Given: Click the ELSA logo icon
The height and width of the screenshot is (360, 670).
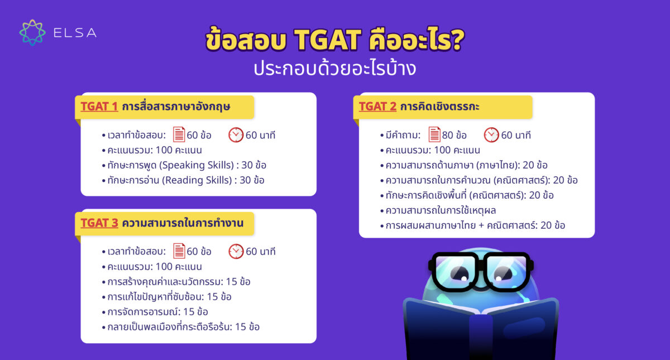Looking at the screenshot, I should (32, 32).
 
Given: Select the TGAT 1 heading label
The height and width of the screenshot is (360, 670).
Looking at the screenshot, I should (99, 106).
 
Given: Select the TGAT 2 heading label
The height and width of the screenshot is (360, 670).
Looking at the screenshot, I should (377, 106).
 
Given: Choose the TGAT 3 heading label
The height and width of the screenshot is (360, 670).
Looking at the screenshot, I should (99, 223).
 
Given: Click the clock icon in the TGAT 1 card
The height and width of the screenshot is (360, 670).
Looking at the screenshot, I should (236, 135).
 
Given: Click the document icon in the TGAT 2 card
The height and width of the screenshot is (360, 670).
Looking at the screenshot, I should (434, 135).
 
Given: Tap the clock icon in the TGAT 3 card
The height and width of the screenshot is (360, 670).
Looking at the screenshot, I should (236, 251).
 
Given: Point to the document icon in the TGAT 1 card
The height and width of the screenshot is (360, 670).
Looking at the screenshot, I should (179, 135).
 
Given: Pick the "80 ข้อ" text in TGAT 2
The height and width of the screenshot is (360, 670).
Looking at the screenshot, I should (455, 135).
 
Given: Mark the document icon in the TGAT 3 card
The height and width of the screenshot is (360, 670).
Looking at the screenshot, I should (179, 251).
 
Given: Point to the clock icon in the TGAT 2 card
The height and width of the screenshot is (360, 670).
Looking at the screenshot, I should (491, 135).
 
